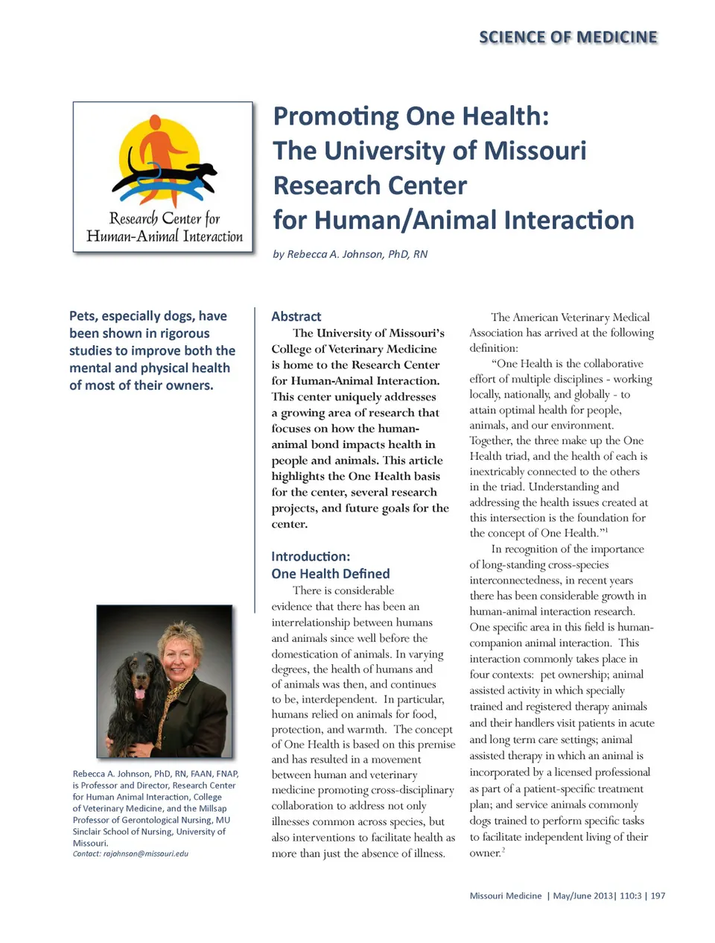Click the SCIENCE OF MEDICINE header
tap(568, 37)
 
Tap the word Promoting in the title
tap(337, 116)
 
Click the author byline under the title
tap(350, 254)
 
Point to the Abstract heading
tap(296, 316)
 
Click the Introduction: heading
tap(311, 556)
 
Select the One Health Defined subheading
tap(331, 573)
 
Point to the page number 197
tap(658, 896)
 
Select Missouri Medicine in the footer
tap(506, 896)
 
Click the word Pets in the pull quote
tap(83, 316)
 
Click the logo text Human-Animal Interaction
tap(165, 237)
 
